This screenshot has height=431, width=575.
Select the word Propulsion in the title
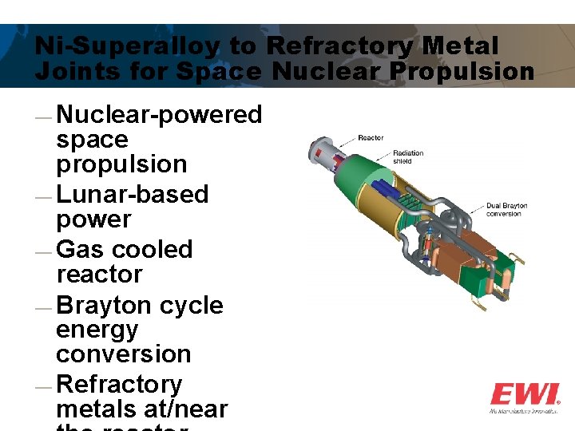coord(459,72)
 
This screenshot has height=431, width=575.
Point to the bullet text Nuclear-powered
coord(159,115)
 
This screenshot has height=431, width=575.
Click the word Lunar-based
coord(133,194)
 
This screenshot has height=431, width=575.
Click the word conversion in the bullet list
coord(124,354)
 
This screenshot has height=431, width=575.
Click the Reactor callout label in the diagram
coord(371,138)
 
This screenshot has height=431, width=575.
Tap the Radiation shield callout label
coord(408,157)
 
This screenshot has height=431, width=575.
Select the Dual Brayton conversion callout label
coord(507,210)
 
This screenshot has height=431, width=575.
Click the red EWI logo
coord(524,394)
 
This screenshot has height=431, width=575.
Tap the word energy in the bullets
coord(97,330)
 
